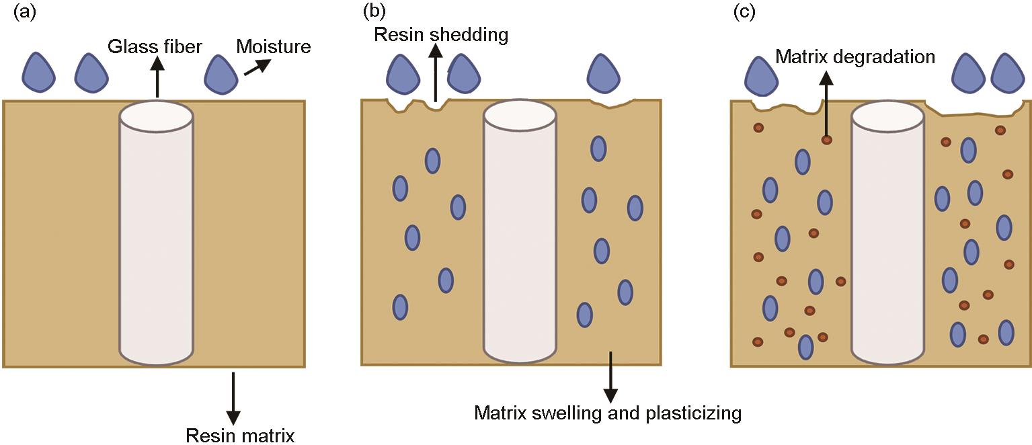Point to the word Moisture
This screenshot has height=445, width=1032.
pyautogui.click(x=273, y=47)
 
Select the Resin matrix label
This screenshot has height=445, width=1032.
pyautogui.click(x=240, y=435)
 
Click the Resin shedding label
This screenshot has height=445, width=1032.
pyautogui.click(x=441, y=34)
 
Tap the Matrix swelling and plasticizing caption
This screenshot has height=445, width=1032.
pyautogui.click(x=607, y=412)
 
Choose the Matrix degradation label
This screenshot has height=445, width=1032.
pyautogui.click(x=855, y=56)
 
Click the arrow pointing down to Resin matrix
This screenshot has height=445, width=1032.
pyautogui.click(x=233, y=397)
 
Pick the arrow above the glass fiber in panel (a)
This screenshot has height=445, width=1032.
pyautogui.click(x=158, y=77)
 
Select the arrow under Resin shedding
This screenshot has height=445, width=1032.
pyautogui.click(x=436, y=74)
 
